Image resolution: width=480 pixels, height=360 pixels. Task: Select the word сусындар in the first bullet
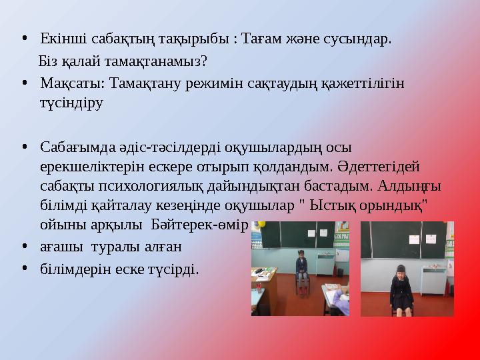tap(360, 38)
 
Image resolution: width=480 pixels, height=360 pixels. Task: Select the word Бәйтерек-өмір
tap(200, 221)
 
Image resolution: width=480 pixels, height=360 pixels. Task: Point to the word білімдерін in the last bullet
tap(71, 268)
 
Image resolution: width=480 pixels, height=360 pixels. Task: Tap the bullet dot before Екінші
tap(24, 38)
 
